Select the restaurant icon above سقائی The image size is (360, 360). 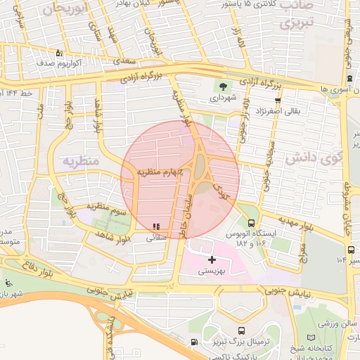point(155,226)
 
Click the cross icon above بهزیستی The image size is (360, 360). point(212,259)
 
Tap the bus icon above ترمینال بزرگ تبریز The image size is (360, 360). point(242,331)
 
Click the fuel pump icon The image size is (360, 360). point(194,342)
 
